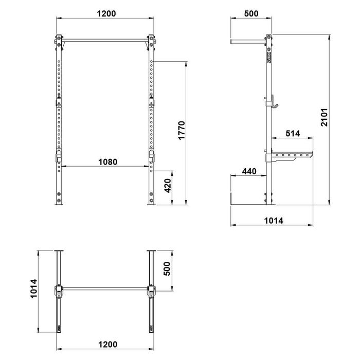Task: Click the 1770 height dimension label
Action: coord(182,131)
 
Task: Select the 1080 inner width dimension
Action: coord(107,162)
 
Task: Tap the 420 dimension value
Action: coord(168,186)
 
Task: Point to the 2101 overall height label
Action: coord(325,117)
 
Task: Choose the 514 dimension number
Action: coord(293,133)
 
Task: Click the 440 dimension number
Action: coord(249,171)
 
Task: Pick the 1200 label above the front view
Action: coord(106,14)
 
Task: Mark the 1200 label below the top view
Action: coord(107,345)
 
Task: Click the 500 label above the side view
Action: coord(251,13)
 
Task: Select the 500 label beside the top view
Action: coord(167,268)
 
